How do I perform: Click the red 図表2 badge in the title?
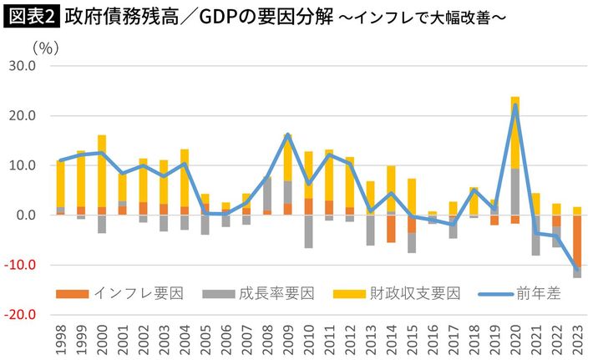coord(31,16)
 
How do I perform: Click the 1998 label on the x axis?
coord(60,337)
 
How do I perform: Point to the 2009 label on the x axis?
coord(287,337)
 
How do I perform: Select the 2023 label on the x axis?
coord(577,337)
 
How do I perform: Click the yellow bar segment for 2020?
coord(515,134)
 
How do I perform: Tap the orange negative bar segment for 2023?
coord(577,241)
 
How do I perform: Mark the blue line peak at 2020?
coord(515,104)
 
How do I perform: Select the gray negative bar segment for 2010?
coord(308,231)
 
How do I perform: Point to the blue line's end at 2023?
coord(577,269)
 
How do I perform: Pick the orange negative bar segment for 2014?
coord(391,229)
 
